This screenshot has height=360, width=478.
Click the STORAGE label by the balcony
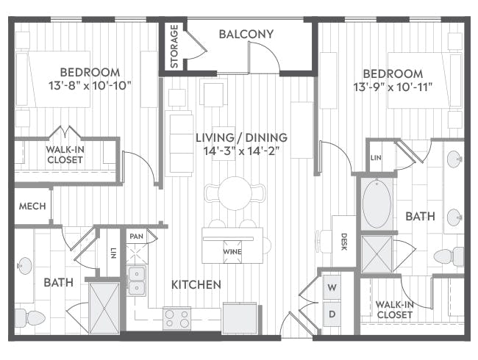[x=174, y=46]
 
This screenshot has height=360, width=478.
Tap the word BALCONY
[x=246, y=34]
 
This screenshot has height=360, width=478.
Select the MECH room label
[x=32, y=206]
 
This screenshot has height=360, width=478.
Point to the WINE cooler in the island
[x=232, y=252]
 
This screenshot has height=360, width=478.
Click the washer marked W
[x=332, y=287]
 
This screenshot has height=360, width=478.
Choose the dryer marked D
[x=332, y=314]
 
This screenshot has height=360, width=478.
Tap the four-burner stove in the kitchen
[x=176, y=318]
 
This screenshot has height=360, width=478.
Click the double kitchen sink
[x=137, y=281]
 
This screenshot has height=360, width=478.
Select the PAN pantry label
[x=136, y=237]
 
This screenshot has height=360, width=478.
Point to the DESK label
[x=344, y=242]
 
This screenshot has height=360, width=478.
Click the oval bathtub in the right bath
[x=377, y=204]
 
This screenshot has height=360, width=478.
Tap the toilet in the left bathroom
[x=29, y=317]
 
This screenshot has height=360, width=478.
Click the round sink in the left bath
[x=24, y=265]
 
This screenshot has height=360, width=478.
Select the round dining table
[x=235, y=193]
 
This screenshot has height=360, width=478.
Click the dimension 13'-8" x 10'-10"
[x=90, y=85]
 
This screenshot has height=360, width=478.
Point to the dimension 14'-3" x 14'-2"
[x=241, y=151]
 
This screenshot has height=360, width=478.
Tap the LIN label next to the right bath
[x=376, y=158]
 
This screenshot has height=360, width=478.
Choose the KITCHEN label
[x=196, y=285]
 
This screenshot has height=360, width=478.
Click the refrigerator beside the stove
[x=240, y=318]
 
